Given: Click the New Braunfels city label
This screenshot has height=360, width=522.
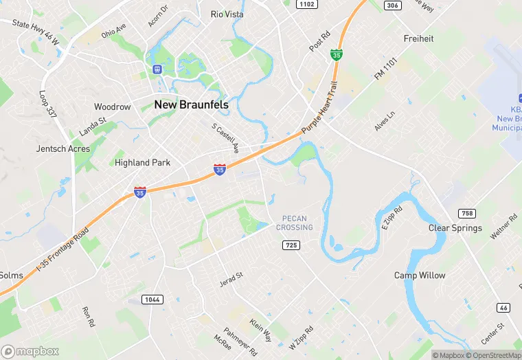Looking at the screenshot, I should coord(191,104).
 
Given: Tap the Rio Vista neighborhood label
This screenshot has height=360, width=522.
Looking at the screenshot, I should coord(227,14).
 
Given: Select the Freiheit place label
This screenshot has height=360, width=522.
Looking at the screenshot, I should coord(419,38).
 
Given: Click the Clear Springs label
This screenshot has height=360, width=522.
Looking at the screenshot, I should coord(455,228).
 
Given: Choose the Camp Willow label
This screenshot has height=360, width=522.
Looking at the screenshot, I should coord(420,275).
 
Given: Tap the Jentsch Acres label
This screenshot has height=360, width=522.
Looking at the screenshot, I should coord(63,148).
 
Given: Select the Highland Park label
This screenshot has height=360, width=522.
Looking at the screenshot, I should coord(142,163).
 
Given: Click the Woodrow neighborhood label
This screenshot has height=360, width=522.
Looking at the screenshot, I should coord(112,107).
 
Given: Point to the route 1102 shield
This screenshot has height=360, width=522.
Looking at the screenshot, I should coord(306,4).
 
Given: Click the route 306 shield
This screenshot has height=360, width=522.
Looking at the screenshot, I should coord(392,5).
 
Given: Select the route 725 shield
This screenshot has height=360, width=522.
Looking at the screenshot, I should coord(291,245).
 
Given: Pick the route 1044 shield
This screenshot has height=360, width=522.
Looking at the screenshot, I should coord(152,299).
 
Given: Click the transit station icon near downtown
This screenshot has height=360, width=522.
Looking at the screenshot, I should coord(157,69).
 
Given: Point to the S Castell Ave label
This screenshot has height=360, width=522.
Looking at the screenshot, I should coord(225,138).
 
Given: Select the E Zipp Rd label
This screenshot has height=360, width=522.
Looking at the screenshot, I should coord(390,219).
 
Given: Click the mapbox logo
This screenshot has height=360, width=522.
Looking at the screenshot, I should coord(30,351).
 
